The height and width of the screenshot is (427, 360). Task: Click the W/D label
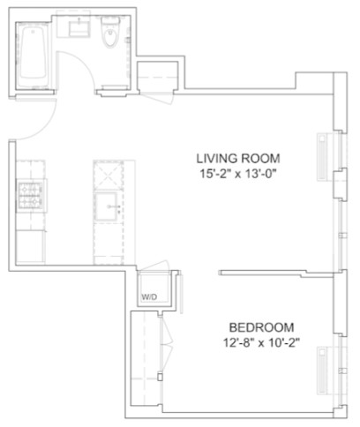coord(149,297)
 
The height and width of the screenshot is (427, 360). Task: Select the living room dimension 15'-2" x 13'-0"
coord(238,174)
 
